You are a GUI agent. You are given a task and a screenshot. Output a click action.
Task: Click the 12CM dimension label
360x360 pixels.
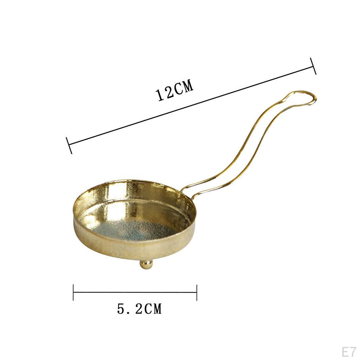175,91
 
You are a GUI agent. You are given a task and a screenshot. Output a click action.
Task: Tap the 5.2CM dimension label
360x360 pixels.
140,309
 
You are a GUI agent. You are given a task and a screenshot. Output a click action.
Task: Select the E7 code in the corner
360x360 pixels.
349,352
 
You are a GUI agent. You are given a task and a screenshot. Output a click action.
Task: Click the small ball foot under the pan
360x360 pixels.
146,264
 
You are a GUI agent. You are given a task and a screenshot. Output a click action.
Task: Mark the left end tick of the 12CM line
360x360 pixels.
69,145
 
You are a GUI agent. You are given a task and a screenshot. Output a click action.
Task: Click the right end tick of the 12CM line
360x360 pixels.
313,66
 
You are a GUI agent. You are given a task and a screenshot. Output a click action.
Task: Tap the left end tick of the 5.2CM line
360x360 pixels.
73,292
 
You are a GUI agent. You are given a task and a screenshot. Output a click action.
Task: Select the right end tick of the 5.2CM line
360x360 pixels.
197,292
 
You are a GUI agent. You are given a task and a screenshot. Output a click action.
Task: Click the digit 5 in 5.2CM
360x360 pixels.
121,309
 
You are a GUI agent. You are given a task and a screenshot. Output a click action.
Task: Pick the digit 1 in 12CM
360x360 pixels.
160,95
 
